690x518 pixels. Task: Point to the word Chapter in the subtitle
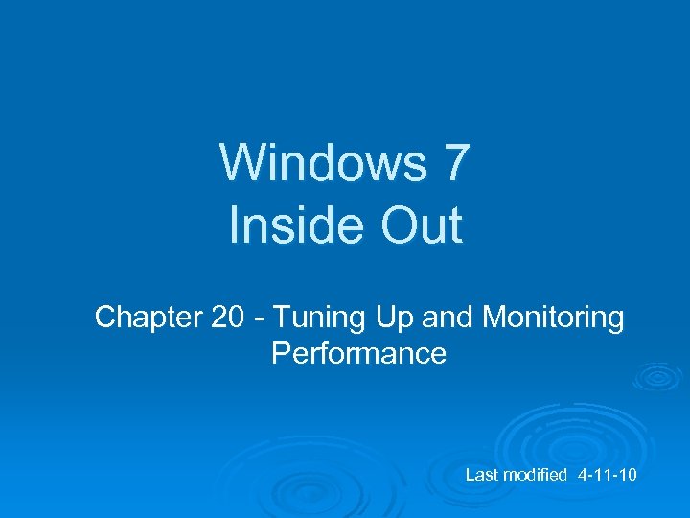point(148,318)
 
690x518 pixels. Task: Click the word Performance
point(358,354)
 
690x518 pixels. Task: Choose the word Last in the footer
point(481,476)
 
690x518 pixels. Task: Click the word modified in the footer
point(535,476)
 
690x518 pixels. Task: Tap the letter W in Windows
point(240,162)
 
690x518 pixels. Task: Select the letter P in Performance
point(281,354)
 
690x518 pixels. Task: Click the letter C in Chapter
point(104,318)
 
